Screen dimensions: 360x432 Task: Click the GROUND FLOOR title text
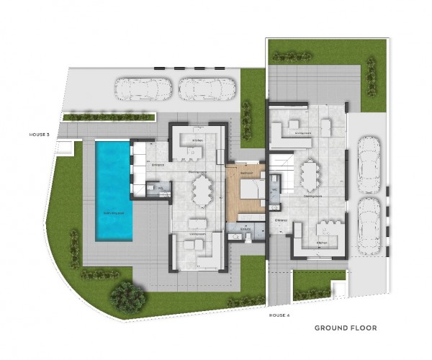coord(345,328)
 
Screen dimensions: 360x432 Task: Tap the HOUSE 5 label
coord(38,134)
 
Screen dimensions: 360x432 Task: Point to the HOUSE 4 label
coord(279,315)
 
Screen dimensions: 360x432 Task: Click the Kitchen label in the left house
coord(199,140)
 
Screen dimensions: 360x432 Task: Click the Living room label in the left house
coord(198,234)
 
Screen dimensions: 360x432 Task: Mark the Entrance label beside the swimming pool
coord(157,165)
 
